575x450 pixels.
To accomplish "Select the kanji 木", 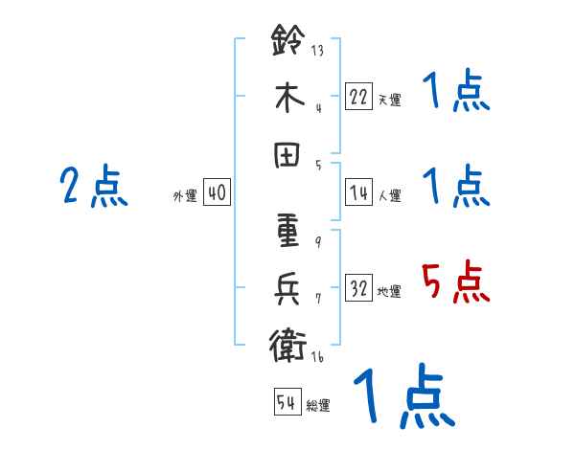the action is (287, 101).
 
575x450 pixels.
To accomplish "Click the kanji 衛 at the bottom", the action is (287, 343).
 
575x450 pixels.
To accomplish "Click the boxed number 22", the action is (359, 96).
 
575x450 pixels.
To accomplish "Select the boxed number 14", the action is (359, 192).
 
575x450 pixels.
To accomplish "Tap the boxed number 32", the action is (359, 288).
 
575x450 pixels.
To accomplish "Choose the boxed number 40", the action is (216, 192).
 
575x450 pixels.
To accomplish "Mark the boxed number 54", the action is (287, 402).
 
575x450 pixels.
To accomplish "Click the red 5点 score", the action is (456, 283).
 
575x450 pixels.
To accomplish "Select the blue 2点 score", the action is (93, 187).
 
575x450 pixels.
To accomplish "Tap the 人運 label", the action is (389, 196).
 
